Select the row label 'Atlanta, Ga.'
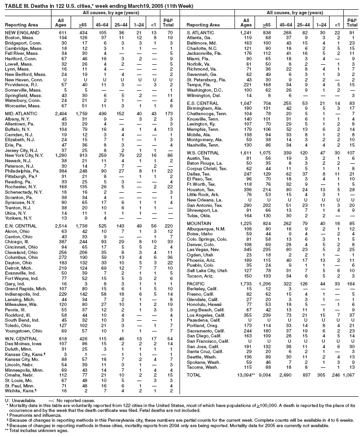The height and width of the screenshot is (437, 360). (x=200, y=37)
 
